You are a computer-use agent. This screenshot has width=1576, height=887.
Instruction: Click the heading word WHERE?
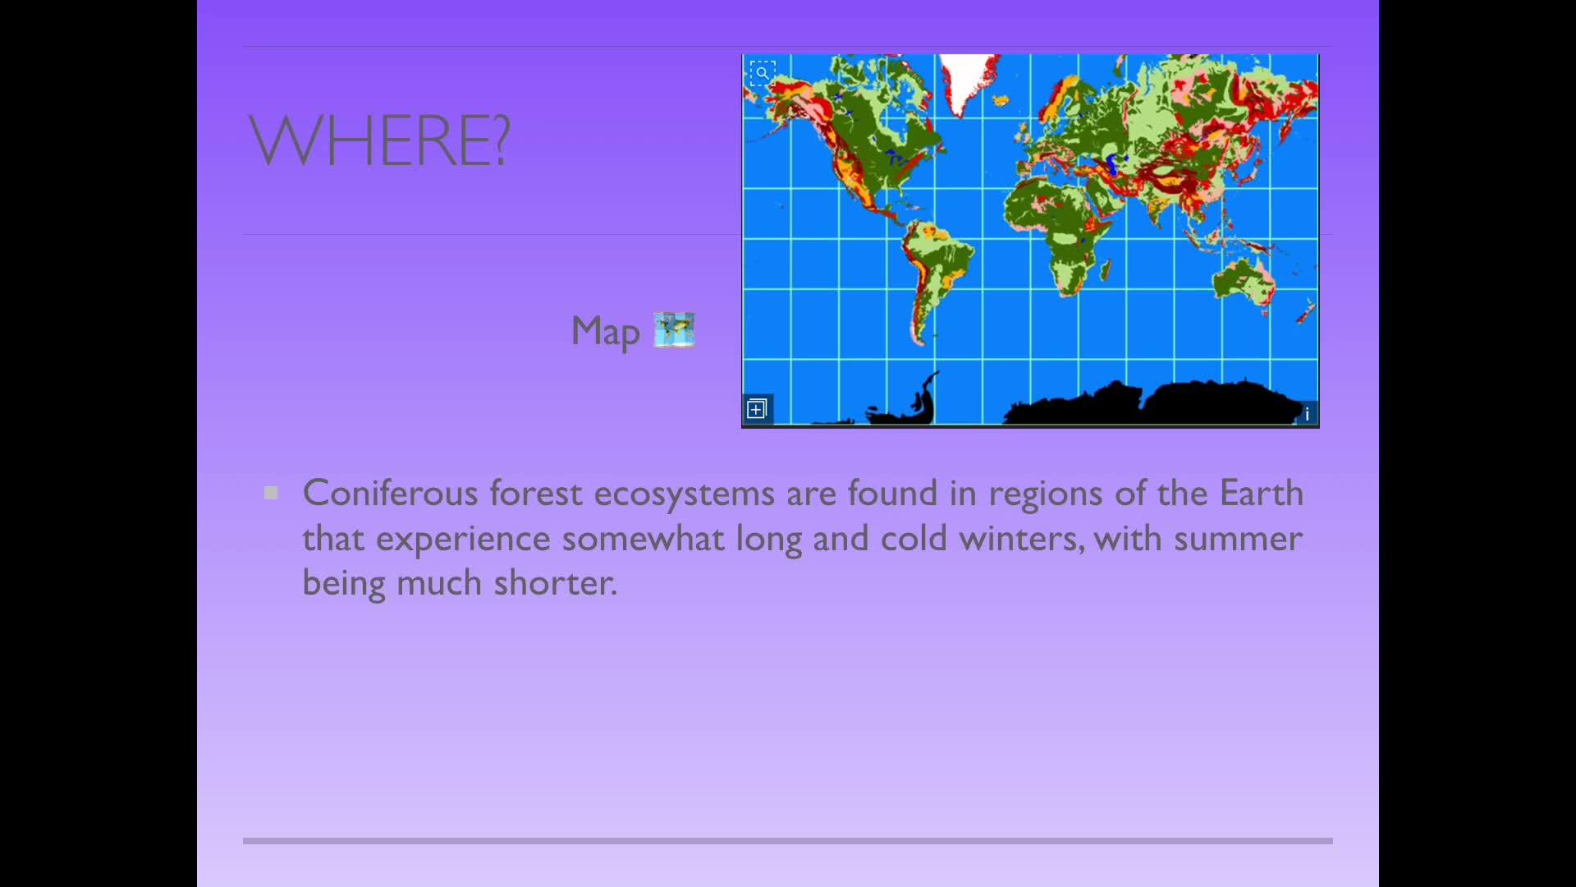coord(379,140)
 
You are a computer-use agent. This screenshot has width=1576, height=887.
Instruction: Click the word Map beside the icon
coord(605,332)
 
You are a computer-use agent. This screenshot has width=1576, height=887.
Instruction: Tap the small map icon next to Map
coord(675,329)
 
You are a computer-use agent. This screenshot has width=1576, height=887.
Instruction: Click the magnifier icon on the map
coord(763,73)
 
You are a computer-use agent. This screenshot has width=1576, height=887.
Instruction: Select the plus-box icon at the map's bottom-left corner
coord(757,408)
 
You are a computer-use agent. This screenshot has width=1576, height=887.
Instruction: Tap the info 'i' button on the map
coord(1307,413)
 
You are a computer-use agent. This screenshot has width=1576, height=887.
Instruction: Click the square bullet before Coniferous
coord(271,493)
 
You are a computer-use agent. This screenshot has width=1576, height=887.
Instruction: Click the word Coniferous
coord(390,493)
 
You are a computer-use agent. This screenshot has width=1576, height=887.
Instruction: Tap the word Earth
coord(1262,493)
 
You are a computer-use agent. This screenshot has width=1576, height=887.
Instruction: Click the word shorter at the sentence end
coord(555,582)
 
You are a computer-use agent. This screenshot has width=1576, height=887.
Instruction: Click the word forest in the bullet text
coord(536,493)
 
